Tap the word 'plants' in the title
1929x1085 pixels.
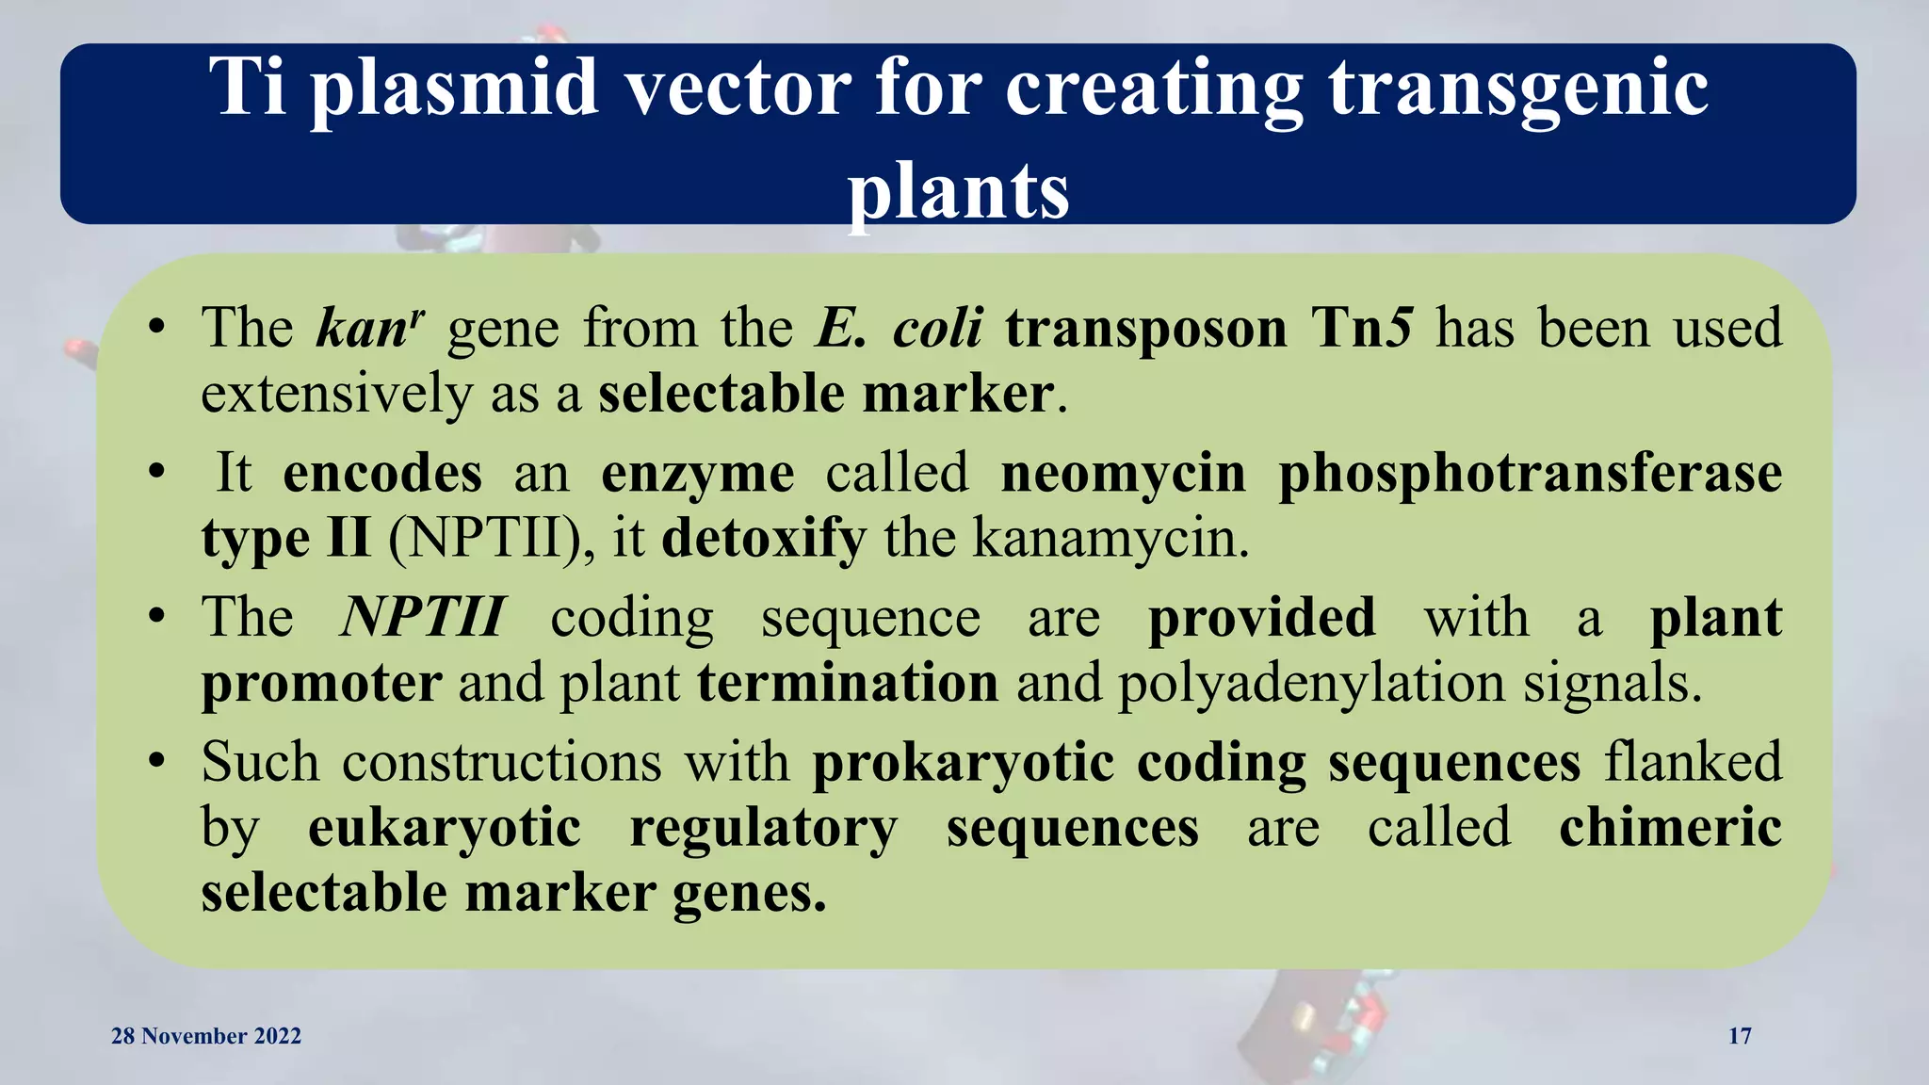point(958,191)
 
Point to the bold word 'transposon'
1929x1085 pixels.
point(1145,329)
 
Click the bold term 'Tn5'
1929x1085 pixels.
point(1362,329)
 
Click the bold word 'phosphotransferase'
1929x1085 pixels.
point(1530,473)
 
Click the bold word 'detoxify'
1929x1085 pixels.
point(763,539)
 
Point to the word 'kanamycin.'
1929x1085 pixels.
point(1110,539)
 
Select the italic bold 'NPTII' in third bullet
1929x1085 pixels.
point(423,618)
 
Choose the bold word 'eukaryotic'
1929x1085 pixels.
point(445,828)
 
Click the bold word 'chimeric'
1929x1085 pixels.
point(1670,828)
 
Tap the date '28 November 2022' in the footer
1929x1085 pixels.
point(206,1036)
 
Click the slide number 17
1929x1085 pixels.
point(1740,1036)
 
